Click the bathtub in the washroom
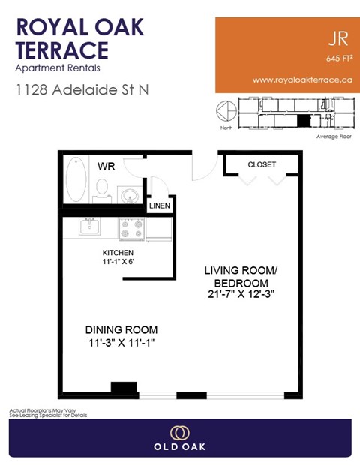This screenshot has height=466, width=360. click(76, 181)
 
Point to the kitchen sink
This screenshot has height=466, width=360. click(97, 226)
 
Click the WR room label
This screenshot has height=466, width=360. click(105, 166)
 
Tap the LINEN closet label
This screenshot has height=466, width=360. click(159, 206)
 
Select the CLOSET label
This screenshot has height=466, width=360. click(262, 164)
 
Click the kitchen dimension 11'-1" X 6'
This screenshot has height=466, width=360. click(118, 262)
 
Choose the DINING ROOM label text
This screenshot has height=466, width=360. click(121, 329)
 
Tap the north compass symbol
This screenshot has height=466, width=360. click(223, 112)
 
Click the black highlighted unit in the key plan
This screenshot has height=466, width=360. click(303, 119)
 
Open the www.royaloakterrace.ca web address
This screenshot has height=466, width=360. click(298, 79)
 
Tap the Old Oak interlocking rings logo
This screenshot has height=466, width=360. click(179, 433)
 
